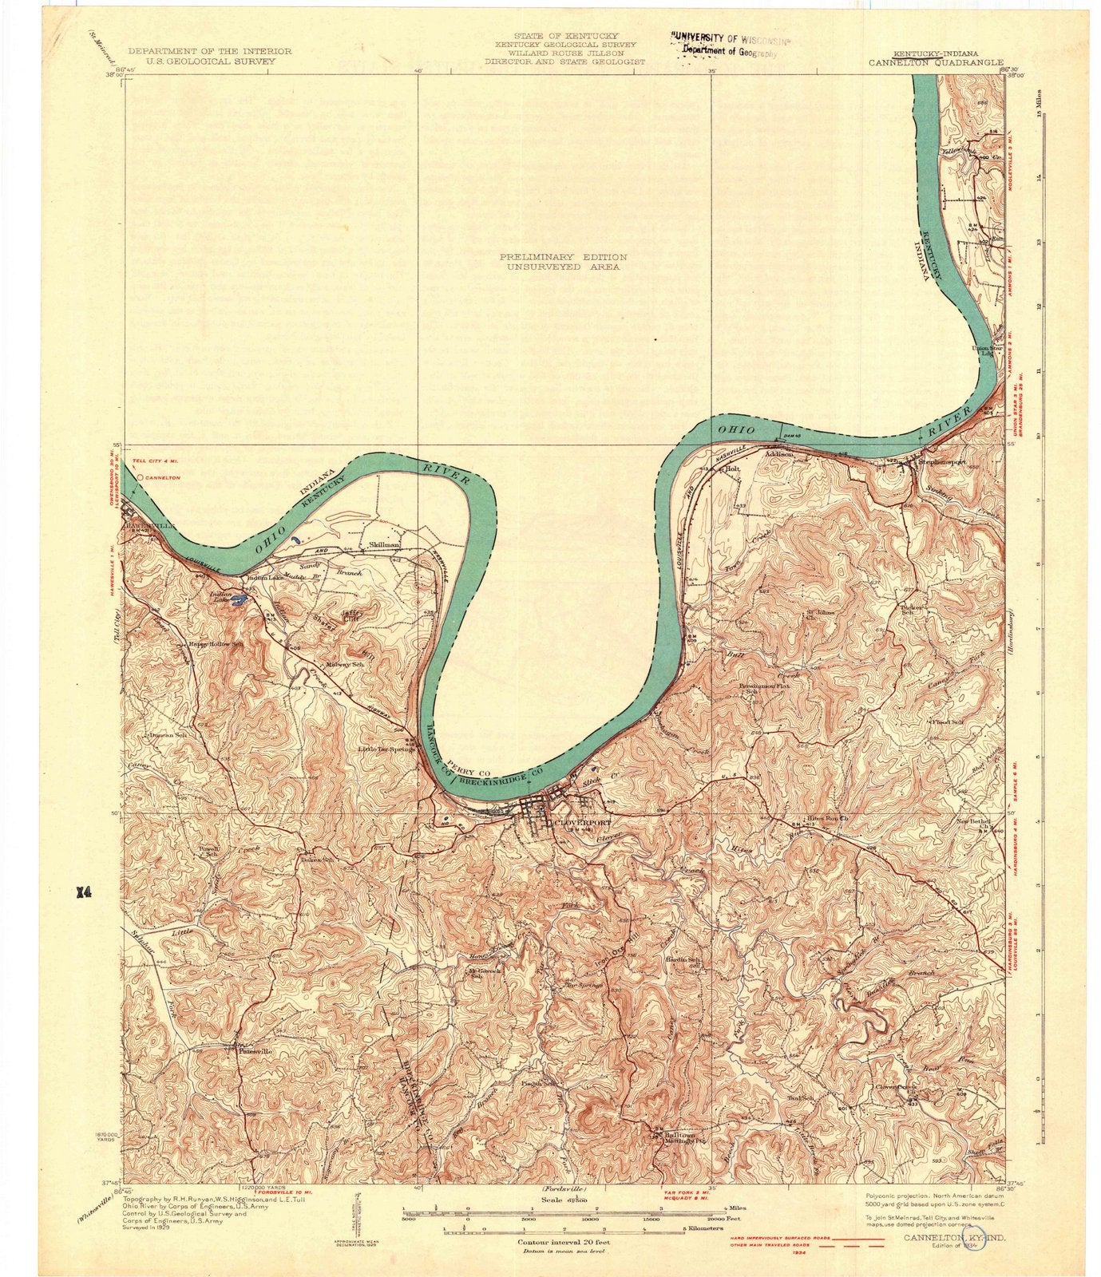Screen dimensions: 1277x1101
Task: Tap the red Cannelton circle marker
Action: tap(141, 477)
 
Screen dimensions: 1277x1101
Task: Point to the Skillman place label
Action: tap(384, 545)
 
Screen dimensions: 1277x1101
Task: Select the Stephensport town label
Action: tap(942, 461)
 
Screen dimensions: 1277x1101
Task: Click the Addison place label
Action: tap(779, 454)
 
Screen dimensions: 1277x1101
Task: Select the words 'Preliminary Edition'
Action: tap(563, 257)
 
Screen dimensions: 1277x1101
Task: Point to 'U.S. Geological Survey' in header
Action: tap(210, 60)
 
